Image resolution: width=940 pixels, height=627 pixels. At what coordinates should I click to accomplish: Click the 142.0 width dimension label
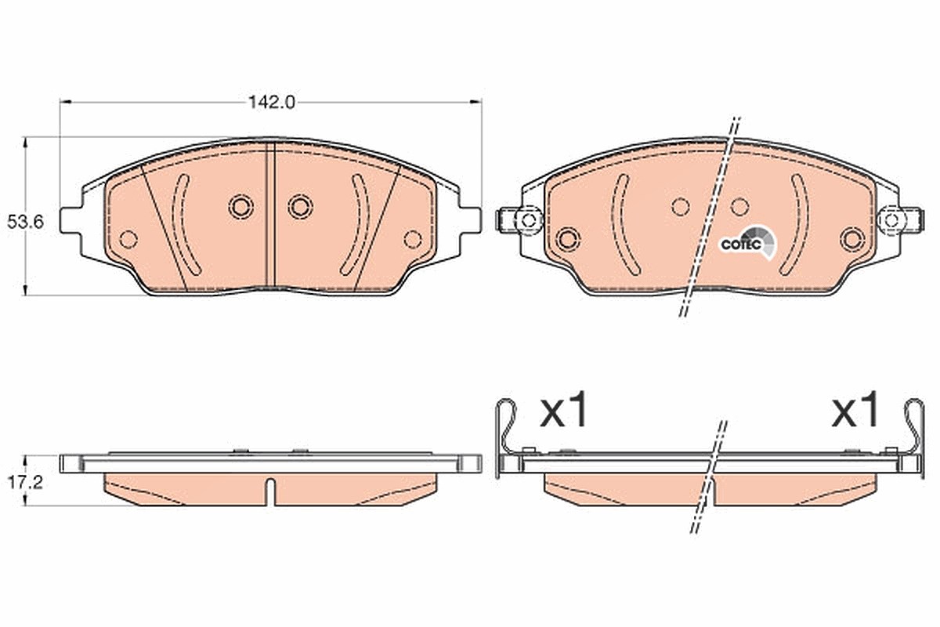click(x=272, y=102)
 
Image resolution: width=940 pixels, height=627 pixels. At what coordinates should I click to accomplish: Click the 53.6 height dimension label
click(x=25, y=222)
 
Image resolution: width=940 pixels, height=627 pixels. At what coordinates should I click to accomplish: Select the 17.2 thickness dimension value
click(x=25, y=483)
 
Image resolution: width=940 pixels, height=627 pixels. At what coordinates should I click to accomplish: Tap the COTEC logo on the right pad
click(x=749, y=244)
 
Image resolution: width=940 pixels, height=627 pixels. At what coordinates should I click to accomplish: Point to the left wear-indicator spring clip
click(x=506, y=437)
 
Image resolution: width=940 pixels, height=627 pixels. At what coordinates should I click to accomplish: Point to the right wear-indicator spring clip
click(x=915, y=437)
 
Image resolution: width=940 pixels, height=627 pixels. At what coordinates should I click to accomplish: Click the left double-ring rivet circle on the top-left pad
click(x=241, y=207)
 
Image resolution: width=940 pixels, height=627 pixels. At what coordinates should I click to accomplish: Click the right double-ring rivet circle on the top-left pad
click(x=301, y=207)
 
